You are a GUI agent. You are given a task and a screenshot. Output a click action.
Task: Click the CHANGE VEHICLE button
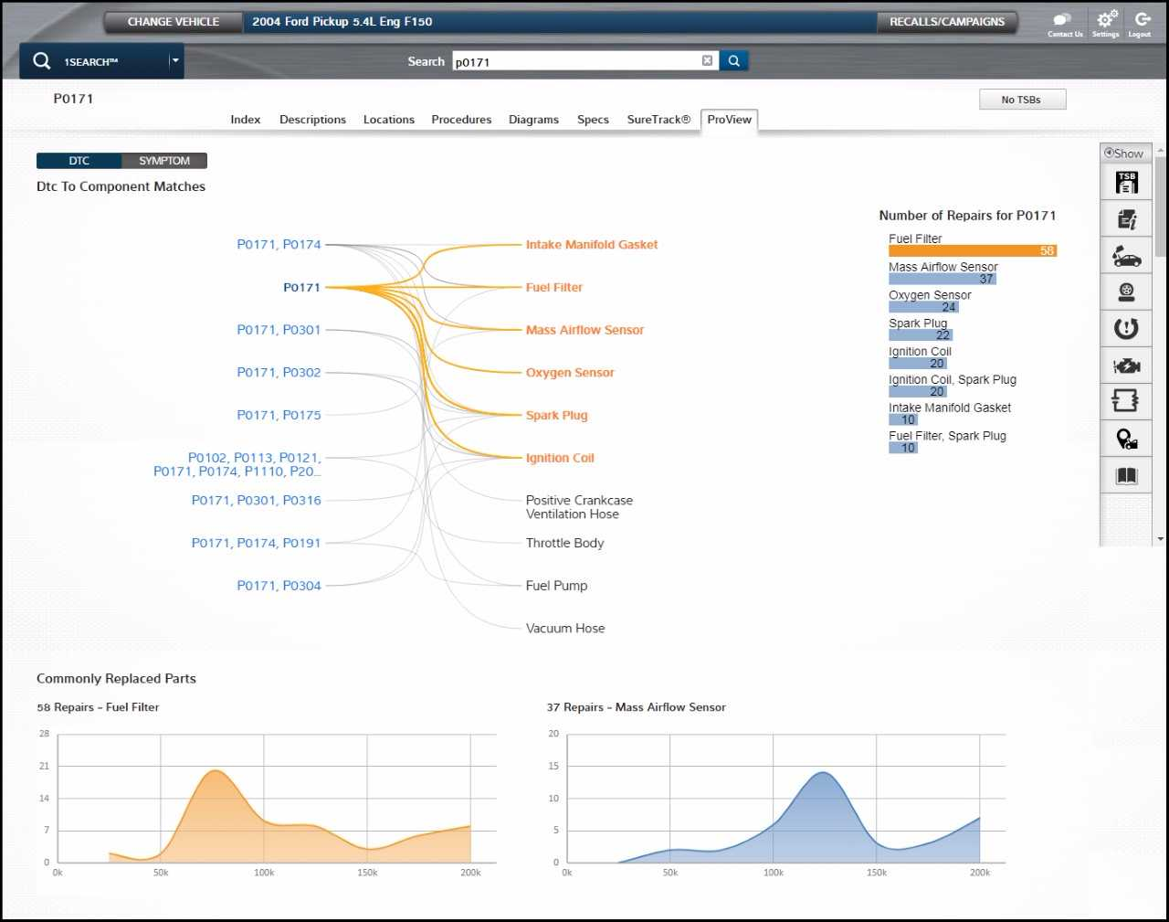173,22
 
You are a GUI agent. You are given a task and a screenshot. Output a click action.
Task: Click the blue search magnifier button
733,61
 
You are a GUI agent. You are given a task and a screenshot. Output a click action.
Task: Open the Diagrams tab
533,120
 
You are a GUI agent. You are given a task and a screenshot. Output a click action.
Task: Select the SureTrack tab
658,120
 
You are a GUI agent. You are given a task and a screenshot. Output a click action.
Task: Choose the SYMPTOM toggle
164,161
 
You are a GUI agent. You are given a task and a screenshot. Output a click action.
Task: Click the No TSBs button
1021,100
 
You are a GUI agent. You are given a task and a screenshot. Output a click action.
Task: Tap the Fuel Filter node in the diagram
553,287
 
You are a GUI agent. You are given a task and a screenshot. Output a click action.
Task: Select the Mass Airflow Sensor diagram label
584,330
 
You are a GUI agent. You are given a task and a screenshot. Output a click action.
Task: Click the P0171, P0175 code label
279,415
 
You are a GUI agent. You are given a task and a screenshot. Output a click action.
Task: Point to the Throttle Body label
564,543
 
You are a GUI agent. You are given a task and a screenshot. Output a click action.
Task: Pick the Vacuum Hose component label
564,629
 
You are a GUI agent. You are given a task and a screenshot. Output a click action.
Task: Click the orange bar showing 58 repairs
972,250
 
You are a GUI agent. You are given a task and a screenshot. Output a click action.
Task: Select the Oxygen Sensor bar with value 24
923,307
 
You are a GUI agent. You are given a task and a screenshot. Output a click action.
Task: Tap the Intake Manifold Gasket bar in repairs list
903,419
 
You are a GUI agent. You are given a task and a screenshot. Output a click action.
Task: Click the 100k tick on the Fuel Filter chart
264,873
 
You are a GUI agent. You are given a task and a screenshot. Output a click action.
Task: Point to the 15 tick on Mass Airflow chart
553,766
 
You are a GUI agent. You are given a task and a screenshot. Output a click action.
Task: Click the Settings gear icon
1106,20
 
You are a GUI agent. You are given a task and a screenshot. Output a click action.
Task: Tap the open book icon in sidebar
1126,476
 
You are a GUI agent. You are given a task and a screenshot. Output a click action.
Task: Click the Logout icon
1141,20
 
